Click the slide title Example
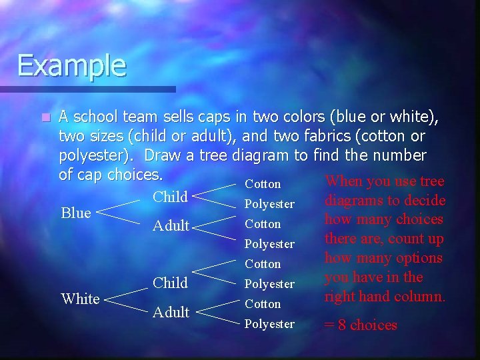click(71, 65)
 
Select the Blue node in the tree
click(76, 213)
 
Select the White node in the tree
click(80, 299)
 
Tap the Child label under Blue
click(170, 197)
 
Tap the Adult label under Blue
click(171, 226)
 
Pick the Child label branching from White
click(170, 283)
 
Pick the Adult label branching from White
click(171, 312)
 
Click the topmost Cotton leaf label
click(263, 184)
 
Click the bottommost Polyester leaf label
click(269, 324)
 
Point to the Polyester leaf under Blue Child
click(269, 204)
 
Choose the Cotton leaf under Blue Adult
click(263, 224)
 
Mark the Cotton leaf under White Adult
click(263, 304)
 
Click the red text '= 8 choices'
click(360, 325)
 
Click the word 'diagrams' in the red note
click(353, 200)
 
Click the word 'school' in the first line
click(95, 117)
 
